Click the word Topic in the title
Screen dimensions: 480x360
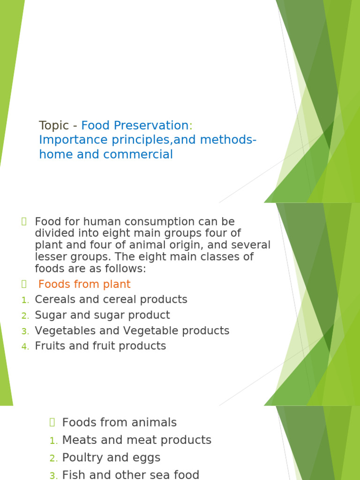point(53,126)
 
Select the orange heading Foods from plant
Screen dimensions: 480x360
point(84,284)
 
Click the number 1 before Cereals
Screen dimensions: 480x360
point(24,300)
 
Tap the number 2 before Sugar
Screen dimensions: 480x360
point(25,315)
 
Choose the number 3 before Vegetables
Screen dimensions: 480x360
point(25,331)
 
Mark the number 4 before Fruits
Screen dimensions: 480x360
point(25,347)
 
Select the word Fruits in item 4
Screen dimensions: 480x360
point(49,346)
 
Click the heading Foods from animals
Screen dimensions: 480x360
point(120,422)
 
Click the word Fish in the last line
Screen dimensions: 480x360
point(73,474)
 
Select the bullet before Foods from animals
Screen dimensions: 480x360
point(52,422)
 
